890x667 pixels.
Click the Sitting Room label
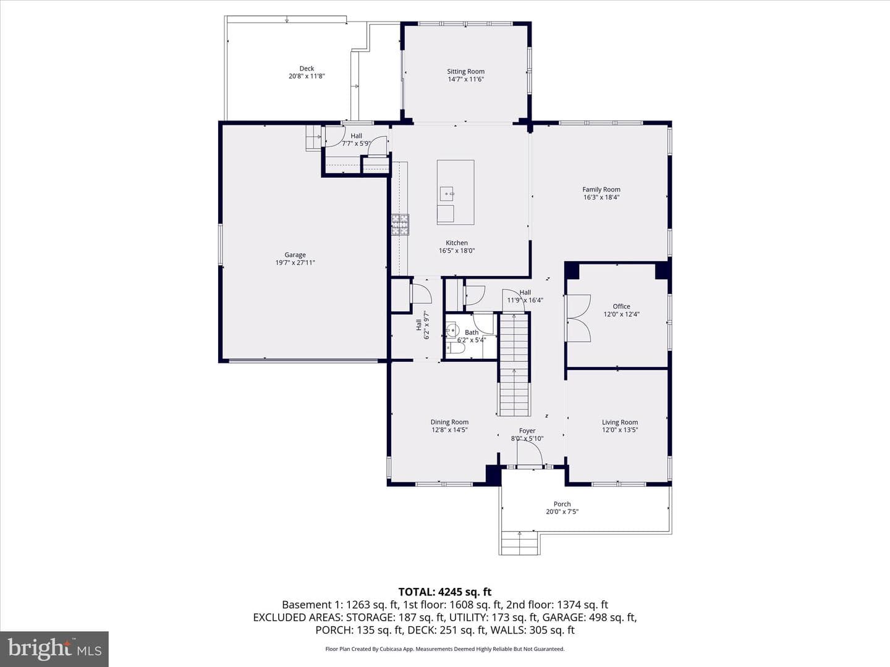tap(465, 71)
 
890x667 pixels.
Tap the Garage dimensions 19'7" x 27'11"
tap(295, 262)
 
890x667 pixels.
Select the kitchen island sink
tap(446, 195)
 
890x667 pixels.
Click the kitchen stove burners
tap(400, 225)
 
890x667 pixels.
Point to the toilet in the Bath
tap(454, 350)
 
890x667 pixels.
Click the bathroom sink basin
tap(452, 330)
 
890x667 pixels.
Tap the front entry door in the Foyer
tap(530, 454)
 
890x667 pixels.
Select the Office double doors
tap(578, 318)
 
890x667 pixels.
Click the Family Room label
tap(601, 189)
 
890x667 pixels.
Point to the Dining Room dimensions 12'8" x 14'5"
tap(449, 430)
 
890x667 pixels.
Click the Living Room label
tap(620, 422)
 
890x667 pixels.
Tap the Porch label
tap(562, 504)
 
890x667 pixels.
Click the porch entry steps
tap(520, 543)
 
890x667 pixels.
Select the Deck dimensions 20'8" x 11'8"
tap(307, 76)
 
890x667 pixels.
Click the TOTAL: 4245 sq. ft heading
tap(445, 592)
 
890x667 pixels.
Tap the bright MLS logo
tap(54, 648)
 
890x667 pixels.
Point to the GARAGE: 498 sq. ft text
tap(589, 617)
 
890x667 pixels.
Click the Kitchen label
tap(457, 243)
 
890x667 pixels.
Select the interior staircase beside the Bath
tap(514, 364)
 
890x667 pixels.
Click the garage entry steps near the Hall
tap(313, 138)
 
